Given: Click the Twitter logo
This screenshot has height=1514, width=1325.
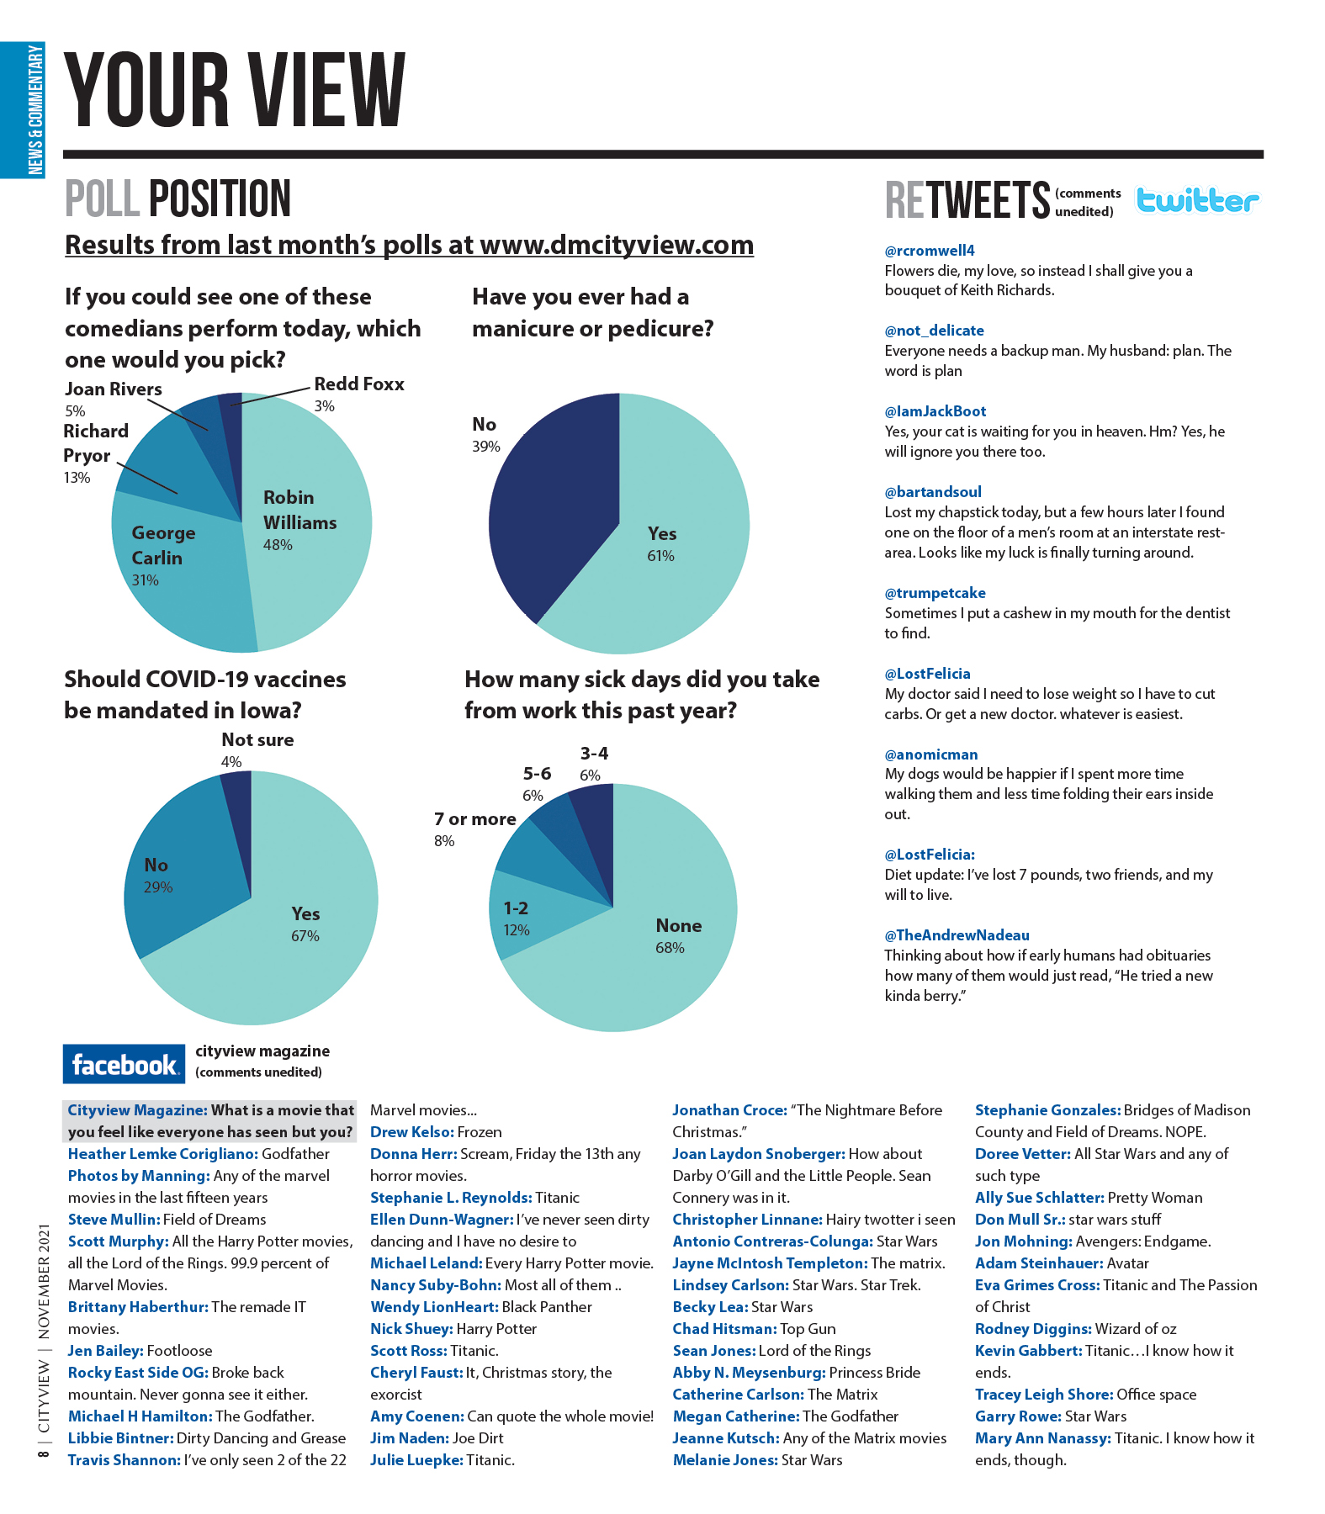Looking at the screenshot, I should (1196, 200).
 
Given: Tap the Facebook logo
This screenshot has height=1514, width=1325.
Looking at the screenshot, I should (124, 1064).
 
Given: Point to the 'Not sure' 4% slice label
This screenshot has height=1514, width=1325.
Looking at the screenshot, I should (257, 740).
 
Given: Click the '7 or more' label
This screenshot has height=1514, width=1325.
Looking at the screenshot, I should (474, 819).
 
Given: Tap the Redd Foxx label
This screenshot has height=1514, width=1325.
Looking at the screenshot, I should (359, 384).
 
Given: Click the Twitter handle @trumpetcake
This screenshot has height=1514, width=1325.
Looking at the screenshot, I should (935, 593).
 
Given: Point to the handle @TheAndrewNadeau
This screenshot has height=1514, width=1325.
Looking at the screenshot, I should (957, 935).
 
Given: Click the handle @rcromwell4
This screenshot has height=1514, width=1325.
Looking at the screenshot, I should (930, 251).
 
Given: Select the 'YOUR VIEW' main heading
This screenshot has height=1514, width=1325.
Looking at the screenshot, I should (235, 90).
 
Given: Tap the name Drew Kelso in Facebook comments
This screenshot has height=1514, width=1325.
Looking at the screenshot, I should (411, 1132).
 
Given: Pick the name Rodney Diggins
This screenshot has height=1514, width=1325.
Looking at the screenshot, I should (1033, 1329).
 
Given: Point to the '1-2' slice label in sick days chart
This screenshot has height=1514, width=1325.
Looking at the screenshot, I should (516, 908).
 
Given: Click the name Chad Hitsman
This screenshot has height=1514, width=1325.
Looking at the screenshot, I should (724, 1329).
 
